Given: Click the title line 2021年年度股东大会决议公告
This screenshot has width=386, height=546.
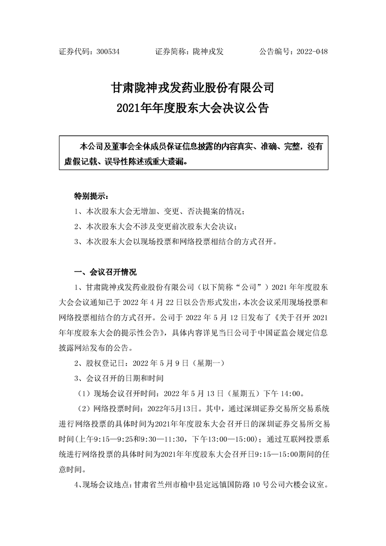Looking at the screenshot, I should (193, 108).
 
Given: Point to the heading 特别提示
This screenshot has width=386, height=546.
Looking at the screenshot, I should (92, 197).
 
